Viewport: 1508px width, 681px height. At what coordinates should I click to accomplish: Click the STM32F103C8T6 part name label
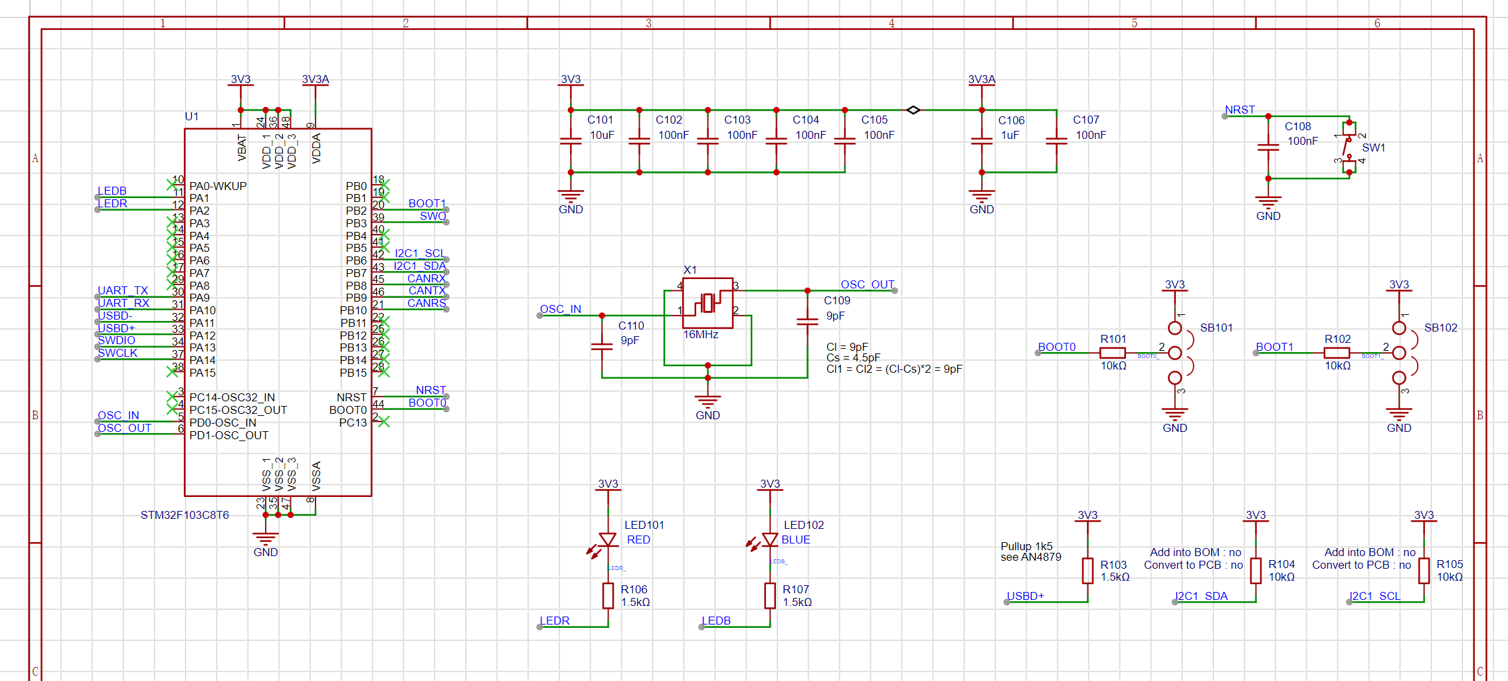(x=185, y=515)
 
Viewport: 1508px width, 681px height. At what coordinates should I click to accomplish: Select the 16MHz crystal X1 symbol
(x=707, y=303)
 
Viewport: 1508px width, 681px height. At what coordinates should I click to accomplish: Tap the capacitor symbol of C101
(x=571, y=141)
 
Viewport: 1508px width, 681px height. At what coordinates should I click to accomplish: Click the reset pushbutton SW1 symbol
(x=1349, y=147)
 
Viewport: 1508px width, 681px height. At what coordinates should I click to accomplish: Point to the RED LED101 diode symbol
(x=608, y=539)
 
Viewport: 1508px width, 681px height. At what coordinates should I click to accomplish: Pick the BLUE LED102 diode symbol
(x=770, y=539)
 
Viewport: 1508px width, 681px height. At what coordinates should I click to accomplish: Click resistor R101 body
(x=1113, y=353)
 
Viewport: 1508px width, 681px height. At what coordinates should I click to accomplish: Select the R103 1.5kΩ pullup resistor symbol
(x=1087, y=570)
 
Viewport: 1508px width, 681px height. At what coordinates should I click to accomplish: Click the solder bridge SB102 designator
(x=1440, y=328)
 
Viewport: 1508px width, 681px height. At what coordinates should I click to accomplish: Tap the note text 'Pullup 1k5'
(x=1026, y=546)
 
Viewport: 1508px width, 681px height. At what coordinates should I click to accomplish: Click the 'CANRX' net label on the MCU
(x=426, y=278)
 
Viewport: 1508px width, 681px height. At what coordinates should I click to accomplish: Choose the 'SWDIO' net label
(x=116, y=340)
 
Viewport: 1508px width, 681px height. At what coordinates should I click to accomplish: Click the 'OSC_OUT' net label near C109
(x=867, y=284)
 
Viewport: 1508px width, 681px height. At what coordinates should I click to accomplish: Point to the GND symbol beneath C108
(x=1268, y=203)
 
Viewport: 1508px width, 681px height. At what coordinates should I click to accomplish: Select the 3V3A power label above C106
(x=981, y=79)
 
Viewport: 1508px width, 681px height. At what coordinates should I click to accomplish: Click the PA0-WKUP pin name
(x=218, y=186)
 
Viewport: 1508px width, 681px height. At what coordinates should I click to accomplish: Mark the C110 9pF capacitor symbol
(x=602, y=345)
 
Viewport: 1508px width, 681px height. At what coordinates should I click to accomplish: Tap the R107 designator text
(x=795, y=589)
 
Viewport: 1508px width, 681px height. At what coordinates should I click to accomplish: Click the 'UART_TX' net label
(x=123, y=290)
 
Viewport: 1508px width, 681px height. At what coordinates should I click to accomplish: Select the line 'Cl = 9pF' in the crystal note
(x=847, y=347)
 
